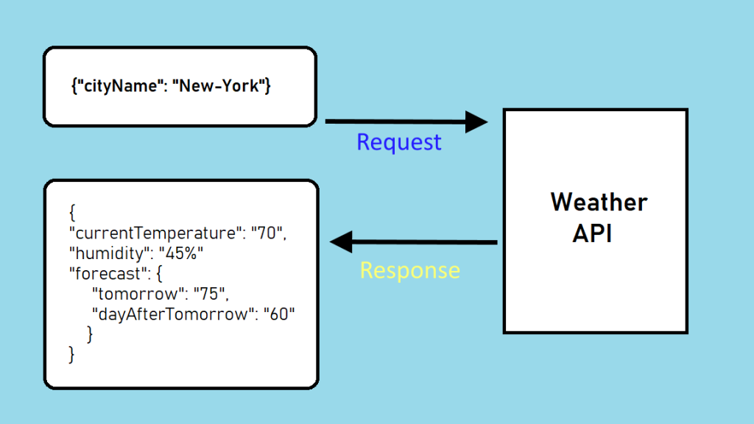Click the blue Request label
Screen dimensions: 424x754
(398, 142)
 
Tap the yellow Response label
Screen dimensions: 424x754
(409, 270)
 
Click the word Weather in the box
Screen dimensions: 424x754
(599, 202)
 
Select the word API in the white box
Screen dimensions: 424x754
(593, 233)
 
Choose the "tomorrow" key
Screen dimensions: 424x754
(136, 294)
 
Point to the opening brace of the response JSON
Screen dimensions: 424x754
(72, 213)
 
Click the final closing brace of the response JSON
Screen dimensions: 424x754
(71, 355)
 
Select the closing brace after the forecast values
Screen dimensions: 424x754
(90, 334)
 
